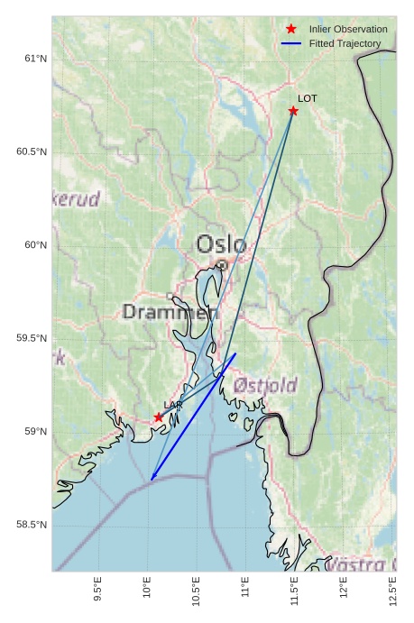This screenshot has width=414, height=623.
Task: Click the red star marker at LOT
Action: (293, 111)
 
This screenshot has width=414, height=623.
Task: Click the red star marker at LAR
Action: (159, 417)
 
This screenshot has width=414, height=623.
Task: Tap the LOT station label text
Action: (308, 98)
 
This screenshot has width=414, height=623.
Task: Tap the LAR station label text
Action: (172, 405)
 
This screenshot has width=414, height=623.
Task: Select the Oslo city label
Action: (221, 243)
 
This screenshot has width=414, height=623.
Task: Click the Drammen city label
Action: (170, 313)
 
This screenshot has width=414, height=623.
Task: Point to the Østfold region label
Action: (265, 386)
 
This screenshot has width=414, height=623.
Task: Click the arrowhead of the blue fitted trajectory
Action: (152, 478)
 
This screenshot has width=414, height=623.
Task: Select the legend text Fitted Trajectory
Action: (345, 43)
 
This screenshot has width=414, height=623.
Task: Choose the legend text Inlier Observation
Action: (348, 30)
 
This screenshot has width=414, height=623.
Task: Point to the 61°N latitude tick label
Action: (35, 59)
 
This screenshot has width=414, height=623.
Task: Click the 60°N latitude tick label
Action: (35, 245)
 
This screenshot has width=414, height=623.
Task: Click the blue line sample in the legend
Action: (290, 43)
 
